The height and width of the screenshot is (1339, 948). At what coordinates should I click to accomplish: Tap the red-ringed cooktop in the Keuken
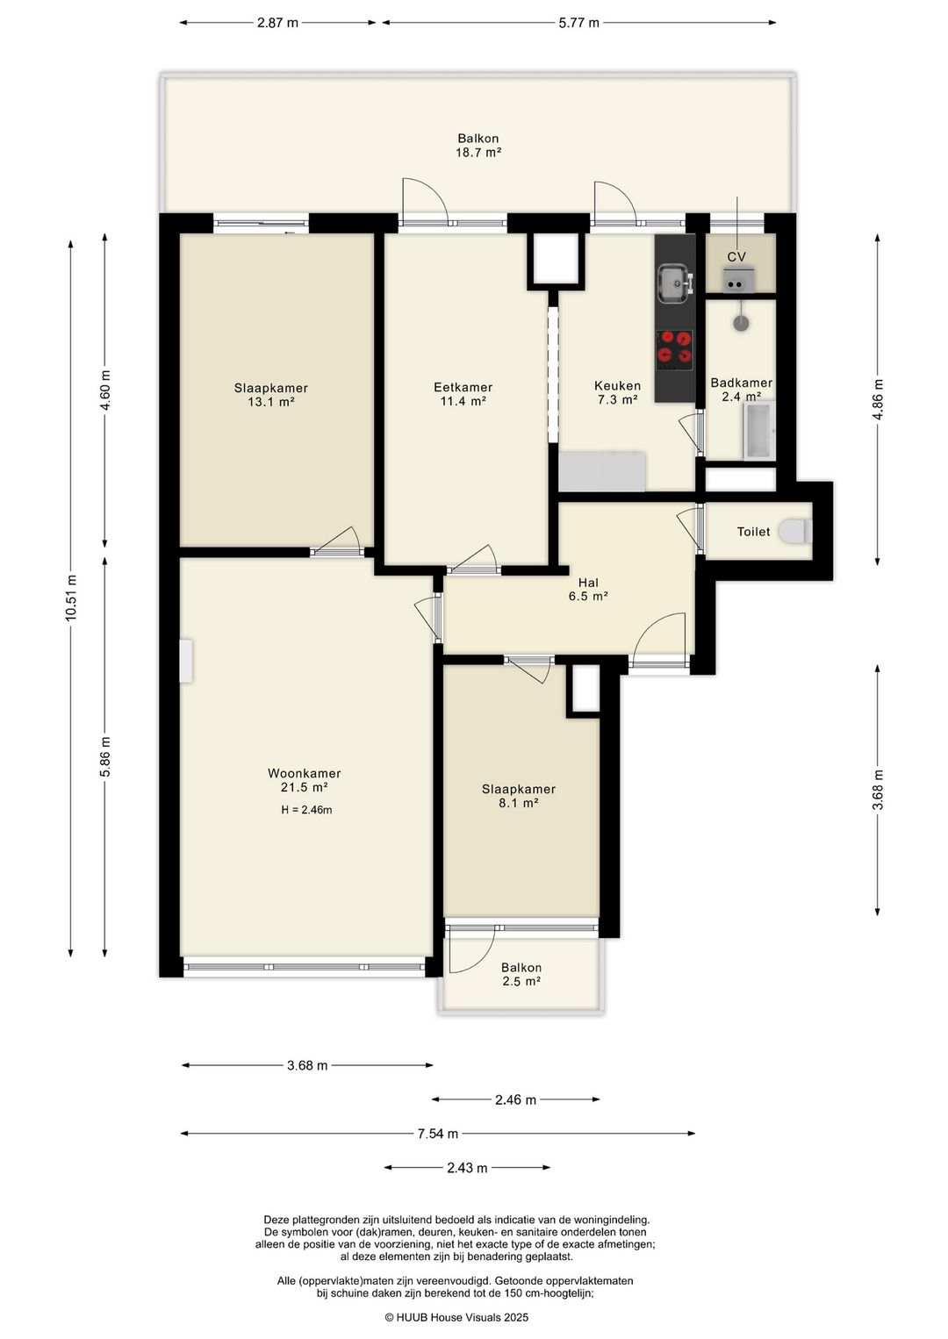point(675,350)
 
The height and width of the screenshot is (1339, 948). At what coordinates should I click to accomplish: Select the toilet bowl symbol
point(795,531)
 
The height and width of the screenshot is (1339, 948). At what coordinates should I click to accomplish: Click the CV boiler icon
point(740,280)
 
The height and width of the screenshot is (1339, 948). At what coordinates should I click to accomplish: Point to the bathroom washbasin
point(741,323)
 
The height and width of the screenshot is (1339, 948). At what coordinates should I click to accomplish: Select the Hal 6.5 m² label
point(588,589)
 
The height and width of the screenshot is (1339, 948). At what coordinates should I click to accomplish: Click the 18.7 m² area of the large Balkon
point(478,152)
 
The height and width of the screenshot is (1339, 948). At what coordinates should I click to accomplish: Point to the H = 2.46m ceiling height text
point(306,810)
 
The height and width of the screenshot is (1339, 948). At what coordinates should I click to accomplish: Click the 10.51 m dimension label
point(71,598)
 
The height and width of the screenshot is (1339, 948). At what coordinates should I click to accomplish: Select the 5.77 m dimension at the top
point(579,24)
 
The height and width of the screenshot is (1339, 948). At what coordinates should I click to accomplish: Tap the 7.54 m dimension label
point(438,1134)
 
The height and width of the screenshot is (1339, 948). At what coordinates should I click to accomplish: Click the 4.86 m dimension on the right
point(878,400)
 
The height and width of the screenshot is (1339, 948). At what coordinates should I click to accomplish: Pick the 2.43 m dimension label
point(467,1167)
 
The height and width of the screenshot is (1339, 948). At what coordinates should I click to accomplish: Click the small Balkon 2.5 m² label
point(521,974)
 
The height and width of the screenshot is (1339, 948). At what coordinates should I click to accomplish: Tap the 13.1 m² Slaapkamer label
point(271,395)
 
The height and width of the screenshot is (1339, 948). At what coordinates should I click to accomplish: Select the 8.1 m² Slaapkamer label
point(519,796)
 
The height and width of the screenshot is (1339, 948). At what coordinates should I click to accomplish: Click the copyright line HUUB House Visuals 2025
point(456,1317)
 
